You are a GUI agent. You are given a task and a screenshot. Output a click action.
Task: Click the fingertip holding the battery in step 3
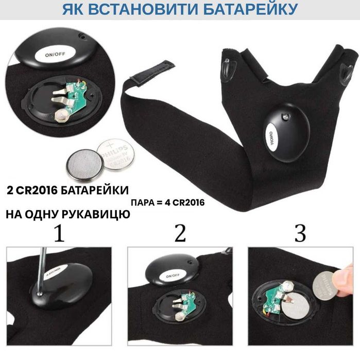[x=346, y=281]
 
